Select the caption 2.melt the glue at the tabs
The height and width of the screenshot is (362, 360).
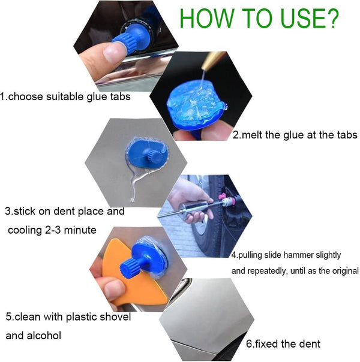295,135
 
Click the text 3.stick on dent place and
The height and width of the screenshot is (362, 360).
65,211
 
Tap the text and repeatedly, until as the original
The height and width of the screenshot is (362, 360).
295,271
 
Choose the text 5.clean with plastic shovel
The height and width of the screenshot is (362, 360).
68,316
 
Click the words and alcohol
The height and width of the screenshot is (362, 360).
33,336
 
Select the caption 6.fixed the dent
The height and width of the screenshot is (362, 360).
283,343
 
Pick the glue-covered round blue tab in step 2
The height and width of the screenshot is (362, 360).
193,105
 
